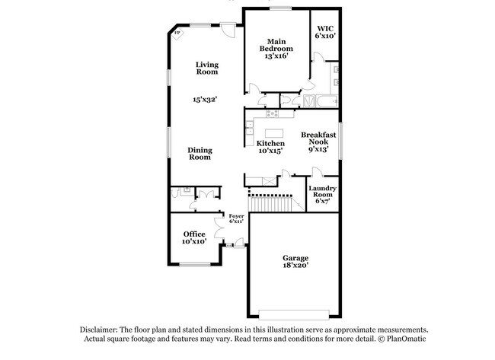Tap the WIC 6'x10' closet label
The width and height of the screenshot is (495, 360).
click(x=325, y=32)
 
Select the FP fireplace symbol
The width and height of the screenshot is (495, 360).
click(x=177, y=33)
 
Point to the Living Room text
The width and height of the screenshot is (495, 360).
click(x=207, y=68)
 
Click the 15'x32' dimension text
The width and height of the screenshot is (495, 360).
click(x=205, y=100)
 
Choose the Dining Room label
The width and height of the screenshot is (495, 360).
click(x=200, y=154)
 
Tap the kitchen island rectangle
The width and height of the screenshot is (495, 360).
click(x=274, y=133)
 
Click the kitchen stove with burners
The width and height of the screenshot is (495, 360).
click(x=272, y=113)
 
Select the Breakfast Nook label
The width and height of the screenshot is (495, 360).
click(x=318, y=142)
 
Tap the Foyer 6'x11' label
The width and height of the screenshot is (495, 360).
click(x=236, y=218)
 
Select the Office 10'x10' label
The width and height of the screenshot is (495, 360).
click(x=194, y=237)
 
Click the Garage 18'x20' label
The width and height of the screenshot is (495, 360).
click(x=295, y=261)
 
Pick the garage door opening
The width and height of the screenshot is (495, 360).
click(x=294, y=314)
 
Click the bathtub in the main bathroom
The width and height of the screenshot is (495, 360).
click(x=327, y=101)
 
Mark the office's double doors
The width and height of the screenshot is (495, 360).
click(x=219, y=228)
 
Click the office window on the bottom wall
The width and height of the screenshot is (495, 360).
click(x=195, y=264)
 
